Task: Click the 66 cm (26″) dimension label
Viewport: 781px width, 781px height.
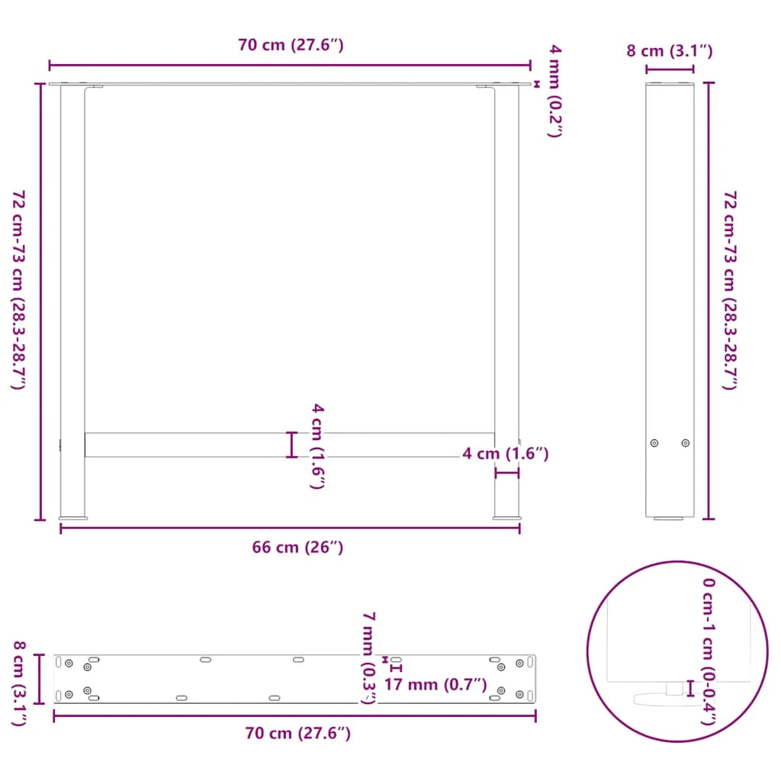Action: [297, 548]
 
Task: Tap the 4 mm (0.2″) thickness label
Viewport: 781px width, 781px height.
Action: [555, 91]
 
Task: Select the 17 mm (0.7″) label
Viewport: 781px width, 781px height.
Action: [435, 684]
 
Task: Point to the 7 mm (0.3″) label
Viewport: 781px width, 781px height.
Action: [368, 657]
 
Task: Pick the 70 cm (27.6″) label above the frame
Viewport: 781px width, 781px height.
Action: [291, 45]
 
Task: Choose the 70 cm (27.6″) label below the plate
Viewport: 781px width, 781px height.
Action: [298, 733]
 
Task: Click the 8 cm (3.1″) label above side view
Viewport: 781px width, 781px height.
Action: [670, 51]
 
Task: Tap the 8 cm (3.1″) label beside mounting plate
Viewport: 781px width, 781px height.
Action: [19, 683]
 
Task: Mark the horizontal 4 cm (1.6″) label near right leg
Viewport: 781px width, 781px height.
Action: [506, 454]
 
